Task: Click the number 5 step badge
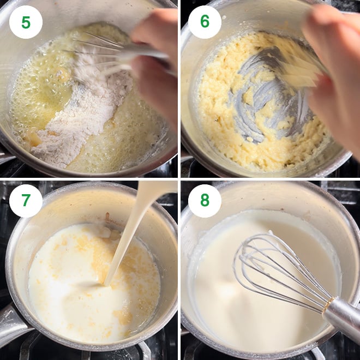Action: point(26,22)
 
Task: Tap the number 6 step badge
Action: point(205,22)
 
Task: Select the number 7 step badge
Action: point(26,201)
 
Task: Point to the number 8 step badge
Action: point(205,201)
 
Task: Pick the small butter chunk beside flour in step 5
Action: point(34,139)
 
